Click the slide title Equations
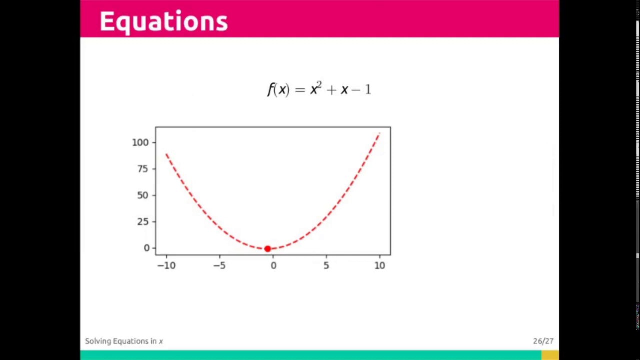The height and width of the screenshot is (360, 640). point(163,22)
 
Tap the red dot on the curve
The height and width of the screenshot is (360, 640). point(267,248)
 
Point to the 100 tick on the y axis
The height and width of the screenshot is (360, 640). point(140,142)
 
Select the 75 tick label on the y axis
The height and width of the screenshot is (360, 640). point(143,169)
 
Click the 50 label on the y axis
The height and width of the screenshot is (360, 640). point(143,195)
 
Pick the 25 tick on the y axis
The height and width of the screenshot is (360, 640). point(143,221)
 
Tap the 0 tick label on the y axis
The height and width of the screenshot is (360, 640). point(147,248)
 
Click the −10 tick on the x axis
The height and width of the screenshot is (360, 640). point(166,266)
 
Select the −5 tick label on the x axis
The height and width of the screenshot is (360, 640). point(220,266)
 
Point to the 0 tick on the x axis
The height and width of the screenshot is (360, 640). point(273,266)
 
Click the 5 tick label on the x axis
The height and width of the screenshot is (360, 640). point(326,266)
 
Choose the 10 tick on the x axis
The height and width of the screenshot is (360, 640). point(380,266)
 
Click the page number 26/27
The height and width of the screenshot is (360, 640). point(543,341)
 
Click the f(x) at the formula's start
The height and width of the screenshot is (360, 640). point(278,90)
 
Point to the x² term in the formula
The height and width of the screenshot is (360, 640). point(316,89)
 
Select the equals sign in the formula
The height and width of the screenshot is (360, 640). point(300,90)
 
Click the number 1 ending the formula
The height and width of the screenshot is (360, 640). point(368,90)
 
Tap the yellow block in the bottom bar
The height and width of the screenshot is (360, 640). point(550,355)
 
